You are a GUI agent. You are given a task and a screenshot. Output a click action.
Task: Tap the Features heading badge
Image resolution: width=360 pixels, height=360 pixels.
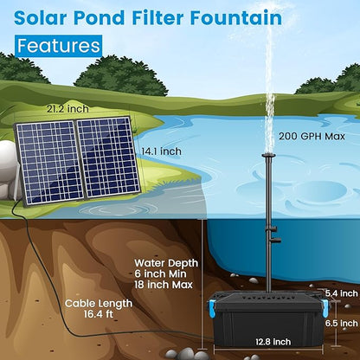click(x=59, y=45)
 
